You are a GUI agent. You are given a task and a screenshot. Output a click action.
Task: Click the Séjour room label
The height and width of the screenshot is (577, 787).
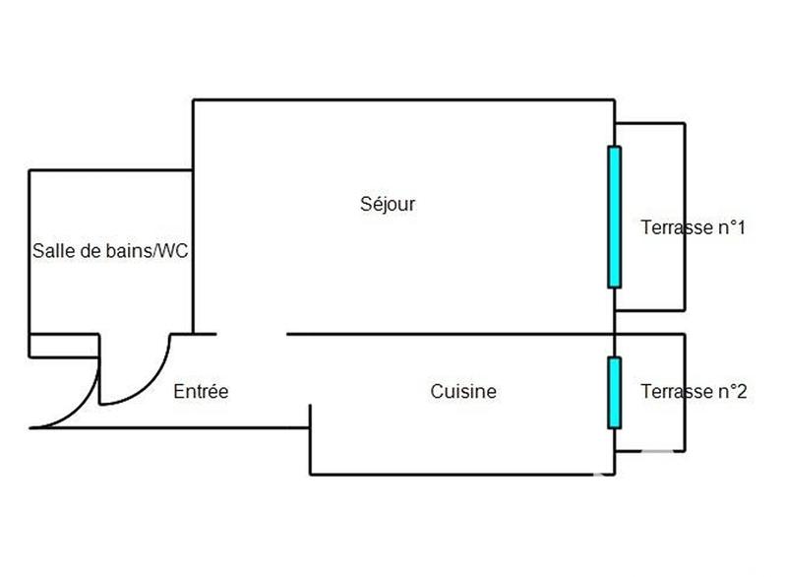[389, 205]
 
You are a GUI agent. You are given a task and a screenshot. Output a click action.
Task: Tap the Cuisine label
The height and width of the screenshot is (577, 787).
[463, 392]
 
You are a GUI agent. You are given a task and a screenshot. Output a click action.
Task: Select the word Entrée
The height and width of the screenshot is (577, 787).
[201, 392]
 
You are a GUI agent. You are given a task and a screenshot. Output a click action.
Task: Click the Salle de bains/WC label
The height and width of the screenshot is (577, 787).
[110, 251]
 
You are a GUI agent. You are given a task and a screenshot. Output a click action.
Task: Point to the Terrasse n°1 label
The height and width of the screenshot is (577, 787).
[693, 228]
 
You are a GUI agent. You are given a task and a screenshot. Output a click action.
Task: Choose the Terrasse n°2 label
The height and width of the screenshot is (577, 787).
[694, 392]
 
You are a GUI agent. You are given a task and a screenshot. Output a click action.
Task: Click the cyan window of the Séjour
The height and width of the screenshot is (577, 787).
[615, 217]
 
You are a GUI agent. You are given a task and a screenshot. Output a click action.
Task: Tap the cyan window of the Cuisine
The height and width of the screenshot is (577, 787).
[615, 392]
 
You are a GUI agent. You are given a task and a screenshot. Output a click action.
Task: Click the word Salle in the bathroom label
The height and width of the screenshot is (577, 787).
[51, 251]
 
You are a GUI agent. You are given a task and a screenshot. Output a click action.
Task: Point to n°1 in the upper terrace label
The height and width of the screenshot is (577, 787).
[730, 228]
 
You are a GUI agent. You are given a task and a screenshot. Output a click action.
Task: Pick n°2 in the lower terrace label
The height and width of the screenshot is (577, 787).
[731, 392]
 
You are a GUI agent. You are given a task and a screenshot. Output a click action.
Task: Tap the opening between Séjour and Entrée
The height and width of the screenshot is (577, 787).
[251, 334]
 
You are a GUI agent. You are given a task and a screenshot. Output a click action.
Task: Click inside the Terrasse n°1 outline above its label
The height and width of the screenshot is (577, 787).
[649, 167]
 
